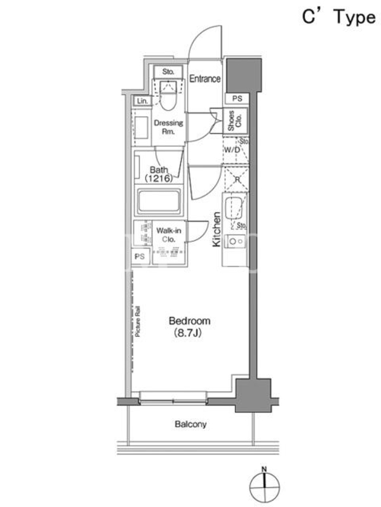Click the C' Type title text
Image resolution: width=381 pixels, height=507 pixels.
[x=339, y=17]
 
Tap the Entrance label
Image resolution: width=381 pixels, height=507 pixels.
[x=204, y=79]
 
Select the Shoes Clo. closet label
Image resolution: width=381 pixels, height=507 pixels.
[x=235, y=121]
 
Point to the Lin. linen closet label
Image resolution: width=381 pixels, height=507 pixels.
[x=142, y=101]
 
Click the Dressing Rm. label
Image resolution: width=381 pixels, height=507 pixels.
[x=168, y=127]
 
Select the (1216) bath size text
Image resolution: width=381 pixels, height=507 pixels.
[x=158, y=178]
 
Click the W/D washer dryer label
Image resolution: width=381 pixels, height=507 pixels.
[x=232, y=150]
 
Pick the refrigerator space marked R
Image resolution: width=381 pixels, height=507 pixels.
[x=237, y=179]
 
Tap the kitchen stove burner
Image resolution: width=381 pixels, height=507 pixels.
[x=232, y=241]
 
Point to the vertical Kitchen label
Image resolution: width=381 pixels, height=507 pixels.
[x=217, y=229]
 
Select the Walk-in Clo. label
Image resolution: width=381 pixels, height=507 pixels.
[x=168, y=234]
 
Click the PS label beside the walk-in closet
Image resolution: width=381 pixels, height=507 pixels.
[x=140, y=257]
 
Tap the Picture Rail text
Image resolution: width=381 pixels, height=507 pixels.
[x=138, y=321]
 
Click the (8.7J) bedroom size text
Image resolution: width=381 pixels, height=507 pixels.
[x=188, y=333]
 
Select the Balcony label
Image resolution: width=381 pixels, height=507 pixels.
[x=190, y=424]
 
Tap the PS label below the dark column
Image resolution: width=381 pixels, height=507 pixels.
[x=237, y=98]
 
